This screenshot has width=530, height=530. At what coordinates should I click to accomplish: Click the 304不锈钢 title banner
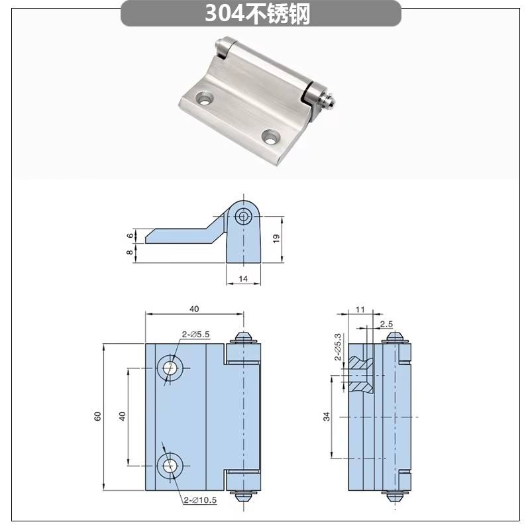(260, 13)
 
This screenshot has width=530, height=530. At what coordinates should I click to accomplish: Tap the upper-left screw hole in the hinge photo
(205, 98)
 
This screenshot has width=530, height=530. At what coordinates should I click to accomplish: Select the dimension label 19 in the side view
(276, 238)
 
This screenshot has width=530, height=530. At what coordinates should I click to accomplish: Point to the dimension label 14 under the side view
(243, 279)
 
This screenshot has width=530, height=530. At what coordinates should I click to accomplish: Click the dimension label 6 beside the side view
(131, 236)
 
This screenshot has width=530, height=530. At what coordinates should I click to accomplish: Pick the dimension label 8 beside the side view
(130, 252)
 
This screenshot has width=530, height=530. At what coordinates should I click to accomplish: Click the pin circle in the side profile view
(243, 217)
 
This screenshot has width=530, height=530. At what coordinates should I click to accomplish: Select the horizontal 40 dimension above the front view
(194, 309)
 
